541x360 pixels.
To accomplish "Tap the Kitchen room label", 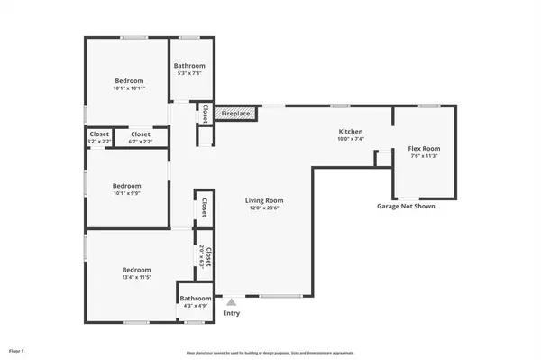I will tap(350, 132).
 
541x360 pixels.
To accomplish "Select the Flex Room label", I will tap(423, 148).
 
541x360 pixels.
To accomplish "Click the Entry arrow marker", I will tap(232, 302).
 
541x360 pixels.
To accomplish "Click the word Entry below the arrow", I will tap(232, 313).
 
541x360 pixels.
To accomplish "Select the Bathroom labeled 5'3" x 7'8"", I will tap(189, 66).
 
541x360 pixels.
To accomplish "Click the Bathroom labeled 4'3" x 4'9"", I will tap(195, 299).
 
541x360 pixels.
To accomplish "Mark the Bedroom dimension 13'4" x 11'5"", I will tap(137, 278).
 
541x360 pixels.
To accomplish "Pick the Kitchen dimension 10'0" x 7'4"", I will tap(350, 140).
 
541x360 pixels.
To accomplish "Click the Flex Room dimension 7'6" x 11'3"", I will tap(423, 156).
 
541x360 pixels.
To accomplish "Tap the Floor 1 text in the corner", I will tap(16, 349).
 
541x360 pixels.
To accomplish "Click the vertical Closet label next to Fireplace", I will tap(205, 114).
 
